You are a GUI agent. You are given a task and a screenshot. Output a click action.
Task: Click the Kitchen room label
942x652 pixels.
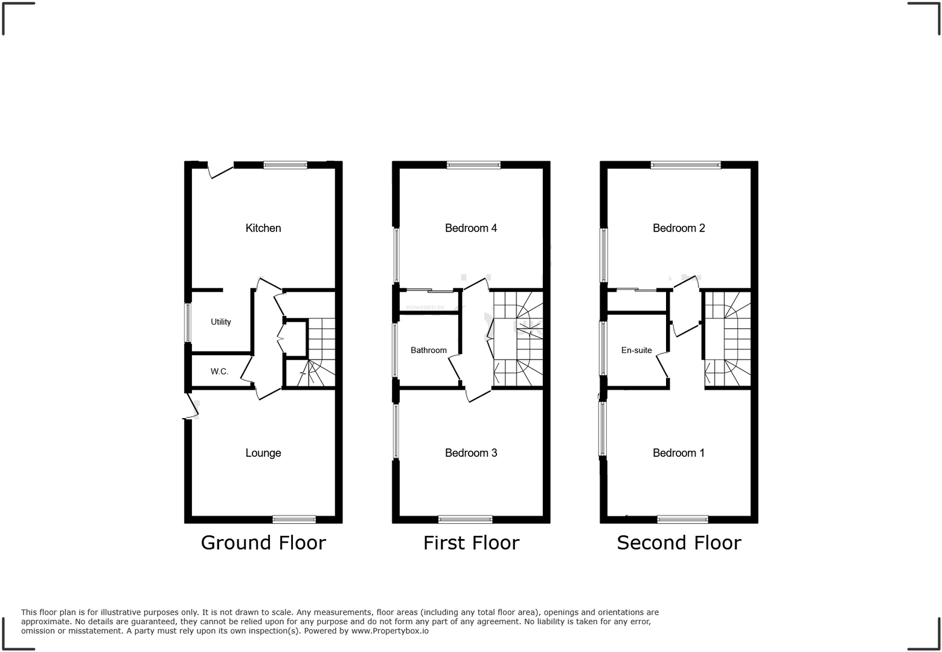263,228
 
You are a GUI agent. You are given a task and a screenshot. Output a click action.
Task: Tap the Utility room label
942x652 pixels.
220,321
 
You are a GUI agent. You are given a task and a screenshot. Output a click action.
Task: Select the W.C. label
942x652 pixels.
219,371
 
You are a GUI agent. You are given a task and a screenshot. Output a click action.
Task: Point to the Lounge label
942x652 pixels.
263,453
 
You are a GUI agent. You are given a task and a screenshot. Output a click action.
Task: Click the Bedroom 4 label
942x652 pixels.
471,228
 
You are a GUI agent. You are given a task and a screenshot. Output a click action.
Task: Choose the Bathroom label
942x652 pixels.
429,350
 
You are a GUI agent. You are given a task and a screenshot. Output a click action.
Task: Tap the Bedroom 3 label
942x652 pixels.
471,453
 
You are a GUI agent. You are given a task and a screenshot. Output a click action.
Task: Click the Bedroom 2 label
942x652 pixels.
679,228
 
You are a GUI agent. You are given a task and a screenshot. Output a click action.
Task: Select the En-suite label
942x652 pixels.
636,350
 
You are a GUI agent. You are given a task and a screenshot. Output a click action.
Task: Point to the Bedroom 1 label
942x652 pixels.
679,453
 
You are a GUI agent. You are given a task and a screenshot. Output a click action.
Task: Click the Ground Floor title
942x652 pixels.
263,543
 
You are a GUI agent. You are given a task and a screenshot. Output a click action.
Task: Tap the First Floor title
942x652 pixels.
471,543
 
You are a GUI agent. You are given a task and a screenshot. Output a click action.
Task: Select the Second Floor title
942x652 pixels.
679,543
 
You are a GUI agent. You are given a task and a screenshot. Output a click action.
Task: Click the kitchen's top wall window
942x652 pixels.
285,164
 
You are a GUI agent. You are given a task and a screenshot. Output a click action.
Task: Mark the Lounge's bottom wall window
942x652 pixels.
294,519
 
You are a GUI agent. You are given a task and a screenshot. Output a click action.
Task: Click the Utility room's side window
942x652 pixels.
188,323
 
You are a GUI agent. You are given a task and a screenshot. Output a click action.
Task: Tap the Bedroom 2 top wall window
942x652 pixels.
685,164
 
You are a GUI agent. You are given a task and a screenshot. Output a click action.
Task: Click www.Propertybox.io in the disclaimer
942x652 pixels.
390,631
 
